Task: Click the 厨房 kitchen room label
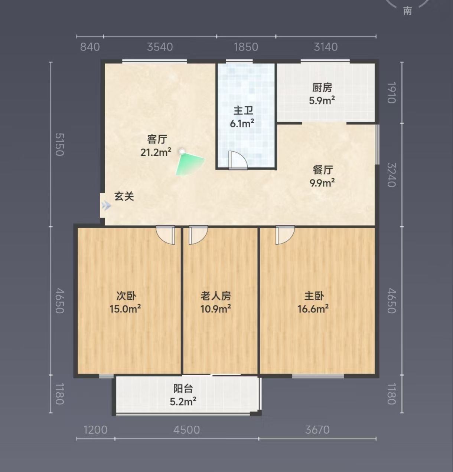[x=322, y=88]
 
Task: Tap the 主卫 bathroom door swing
[x=238, y=160]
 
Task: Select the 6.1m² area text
[x=242, y=123]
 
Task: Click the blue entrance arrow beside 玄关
[x=107, y=206]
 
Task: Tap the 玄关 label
[x=124, y=196]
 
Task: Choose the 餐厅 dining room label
[x=323, y=170]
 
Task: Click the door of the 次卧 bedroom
[x=165, y=235]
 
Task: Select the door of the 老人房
[x=198, y=235]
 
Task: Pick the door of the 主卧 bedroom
[x=285, y=235]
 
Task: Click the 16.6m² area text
[x=313, y=309]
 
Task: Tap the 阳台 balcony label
[x=183, y=389]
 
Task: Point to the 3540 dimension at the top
[x=160, y=47]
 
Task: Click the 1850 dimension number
[x=246, y=47]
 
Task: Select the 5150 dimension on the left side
[x=59, y=144]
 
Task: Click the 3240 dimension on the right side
[x=391, y=175]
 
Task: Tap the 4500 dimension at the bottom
[x=186, y=430]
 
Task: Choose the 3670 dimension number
[x=317, y=430]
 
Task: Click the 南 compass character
[x=408, y=11]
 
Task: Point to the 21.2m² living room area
[x=156, y=152]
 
